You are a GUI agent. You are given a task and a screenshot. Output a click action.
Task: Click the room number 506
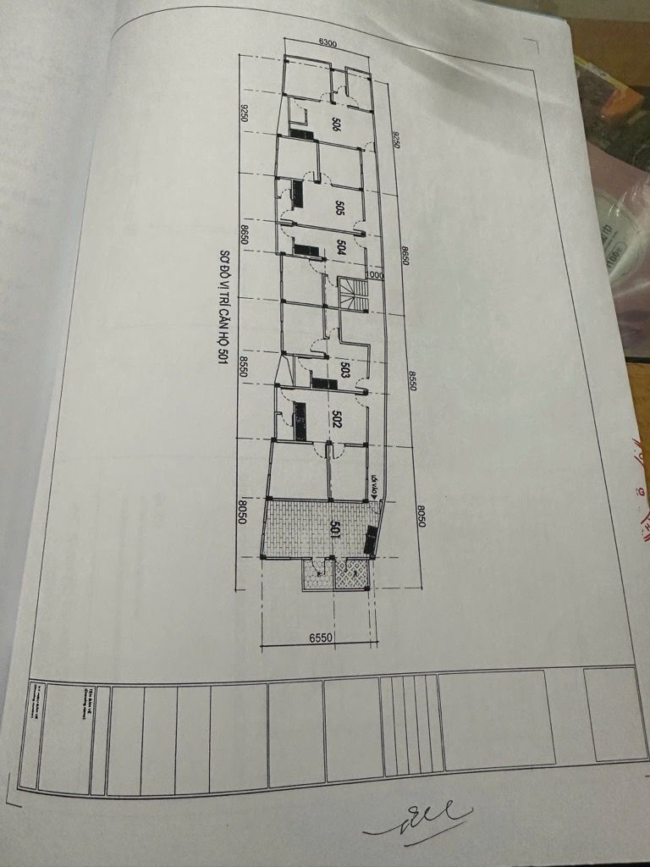pos(336,124)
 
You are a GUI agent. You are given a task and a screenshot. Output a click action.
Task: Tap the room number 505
pos(339,207)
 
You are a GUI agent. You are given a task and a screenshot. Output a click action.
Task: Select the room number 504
pos(340,247)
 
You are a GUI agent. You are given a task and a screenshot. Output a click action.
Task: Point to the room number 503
pos(344,369)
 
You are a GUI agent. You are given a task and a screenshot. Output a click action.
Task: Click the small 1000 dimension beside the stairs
pos(375,275)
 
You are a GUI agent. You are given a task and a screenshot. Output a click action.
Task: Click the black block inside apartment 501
pos(371,539)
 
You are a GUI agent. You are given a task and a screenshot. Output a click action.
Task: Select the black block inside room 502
pos(299,421)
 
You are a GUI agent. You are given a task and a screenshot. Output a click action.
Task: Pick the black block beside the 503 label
pos(323,384)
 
